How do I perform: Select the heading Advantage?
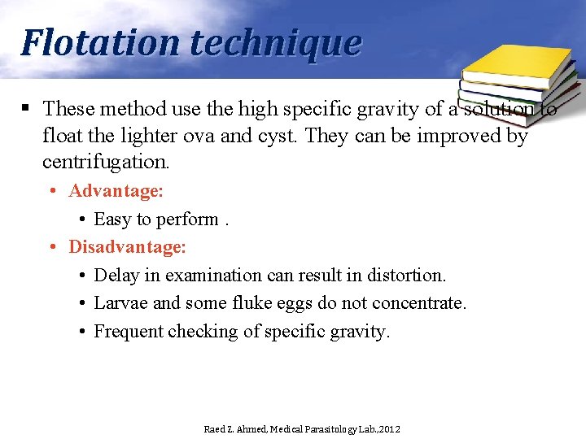click(x=116, y=191)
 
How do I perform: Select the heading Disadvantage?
click(x=128, y=246)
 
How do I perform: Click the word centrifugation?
click(x=106, y=162)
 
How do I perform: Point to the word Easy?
click(x=112, y=219)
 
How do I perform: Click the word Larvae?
click(x=120, y=303)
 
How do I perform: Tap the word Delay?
click(x=117, y=276)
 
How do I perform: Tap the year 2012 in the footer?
click(x=388, y=428)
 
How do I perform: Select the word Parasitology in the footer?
click(x=333, y=428)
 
